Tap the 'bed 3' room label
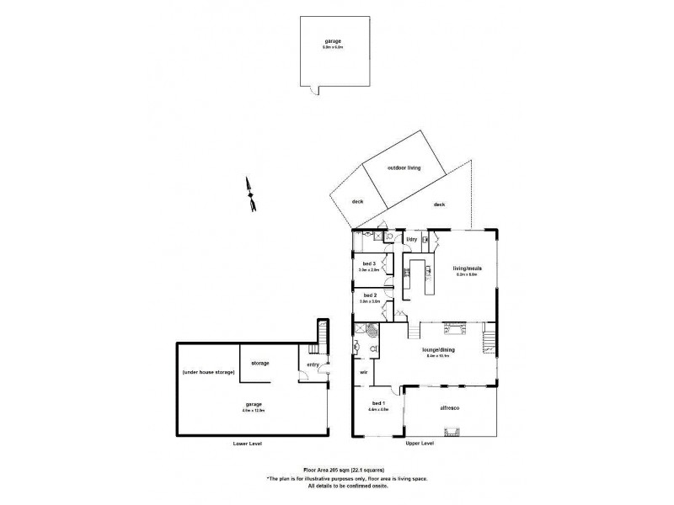tap(368, 264)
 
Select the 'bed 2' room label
tap(368, 295)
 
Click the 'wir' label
tap(363, 371)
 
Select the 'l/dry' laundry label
tap(413, 240)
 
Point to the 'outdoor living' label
tap(404, 167)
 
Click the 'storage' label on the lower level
tap(260, 363)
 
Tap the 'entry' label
tap(313, 364)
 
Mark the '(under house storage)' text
tap(208, 372)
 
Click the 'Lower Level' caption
tap(249, 444)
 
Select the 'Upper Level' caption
tap(420, 444)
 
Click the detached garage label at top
tap(334, 41)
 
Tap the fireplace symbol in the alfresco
tap(452, 433)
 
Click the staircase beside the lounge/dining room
tap(489, 341)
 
